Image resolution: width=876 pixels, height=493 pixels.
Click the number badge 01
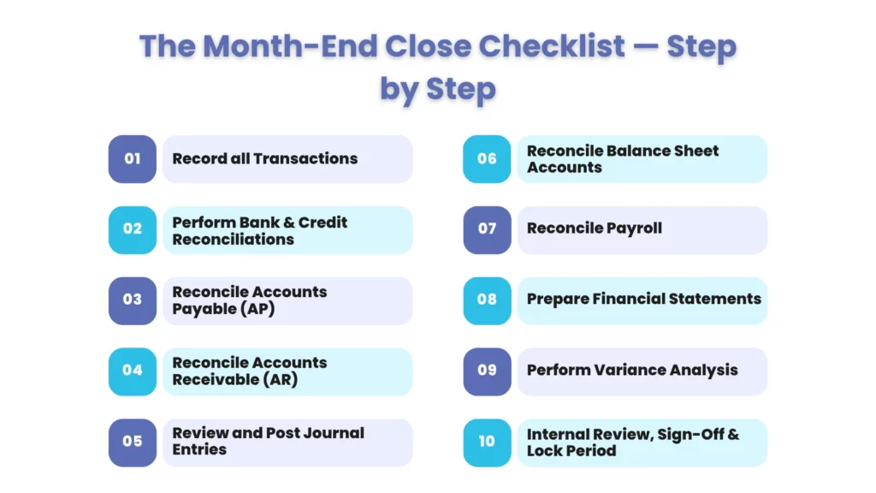coord(132,158)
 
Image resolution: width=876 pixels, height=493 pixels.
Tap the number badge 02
coord(132,229)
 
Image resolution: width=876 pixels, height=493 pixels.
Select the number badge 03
coord(132,300)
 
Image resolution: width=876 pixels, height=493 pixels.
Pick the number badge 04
coord(132,371)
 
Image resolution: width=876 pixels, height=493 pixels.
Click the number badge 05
coord(132,442)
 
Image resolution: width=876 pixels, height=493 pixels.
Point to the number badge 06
coord(487,158)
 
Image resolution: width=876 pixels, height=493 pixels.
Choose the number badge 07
coord(487,229)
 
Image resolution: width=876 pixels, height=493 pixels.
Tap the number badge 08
coord(487,300)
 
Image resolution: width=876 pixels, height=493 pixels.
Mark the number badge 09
coord(487,371)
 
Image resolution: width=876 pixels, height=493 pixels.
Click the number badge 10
coord(487,442)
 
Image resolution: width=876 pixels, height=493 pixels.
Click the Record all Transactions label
coord(264,158)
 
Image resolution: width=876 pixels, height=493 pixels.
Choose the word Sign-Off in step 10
coord(690,434)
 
